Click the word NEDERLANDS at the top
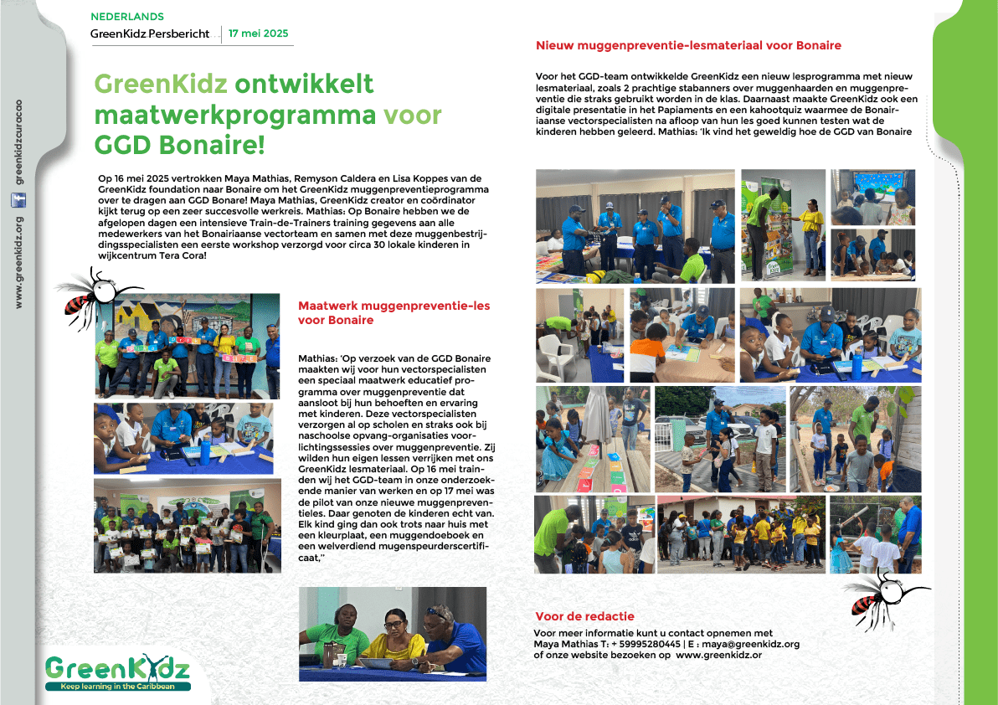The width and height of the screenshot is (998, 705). coord(127,17)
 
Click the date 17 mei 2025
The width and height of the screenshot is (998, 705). coord(258,33)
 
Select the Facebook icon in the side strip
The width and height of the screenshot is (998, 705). coord(18,200)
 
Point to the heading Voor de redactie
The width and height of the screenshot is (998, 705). coord(584,616)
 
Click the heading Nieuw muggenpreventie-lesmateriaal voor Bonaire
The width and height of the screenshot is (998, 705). coord(688,45)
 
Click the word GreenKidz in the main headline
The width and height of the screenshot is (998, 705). coord(161,85)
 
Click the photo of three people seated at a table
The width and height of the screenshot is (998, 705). coord(392,633)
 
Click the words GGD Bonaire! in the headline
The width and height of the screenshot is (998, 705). coord(179,144)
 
